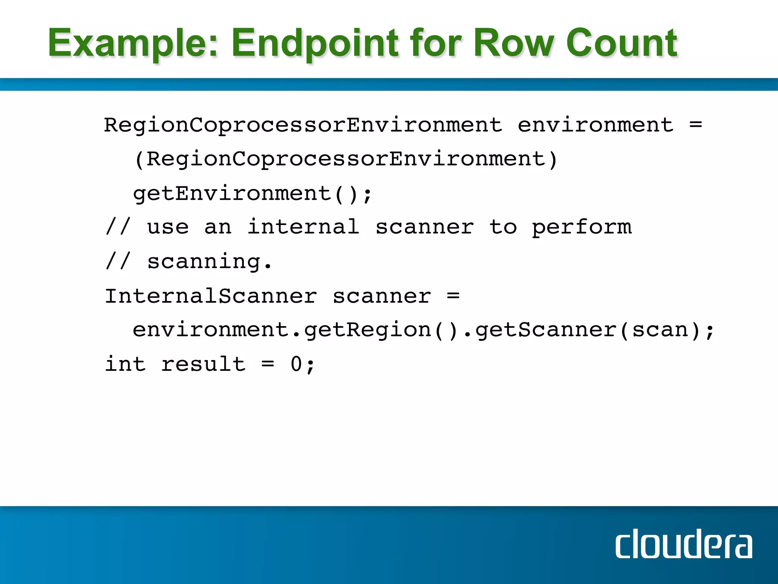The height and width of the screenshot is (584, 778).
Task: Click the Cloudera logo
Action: coord(683,544)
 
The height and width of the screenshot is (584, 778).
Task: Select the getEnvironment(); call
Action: coord(253,194)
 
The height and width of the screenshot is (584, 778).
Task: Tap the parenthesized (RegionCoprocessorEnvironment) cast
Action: coord(345,159)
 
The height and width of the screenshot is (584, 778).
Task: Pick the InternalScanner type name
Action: coord(211,296)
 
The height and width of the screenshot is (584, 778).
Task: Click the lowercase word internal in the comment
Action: coord(304,227)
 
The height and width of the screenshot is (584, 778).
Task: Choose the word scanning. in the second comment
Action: coord(210,262)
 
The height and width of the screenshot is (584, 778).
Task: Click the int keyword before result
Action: coord(125,364)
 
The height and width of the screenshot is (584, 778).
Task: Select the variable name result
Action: coord(204,364)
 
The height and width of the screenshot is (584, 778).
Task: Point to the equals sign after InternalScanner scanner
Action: coord(453,296)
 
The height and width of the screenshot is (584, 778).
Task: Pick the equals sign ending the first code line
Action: coord(696,125)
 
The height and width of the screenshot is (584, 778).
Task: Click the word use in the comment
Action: coord(168,227)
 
